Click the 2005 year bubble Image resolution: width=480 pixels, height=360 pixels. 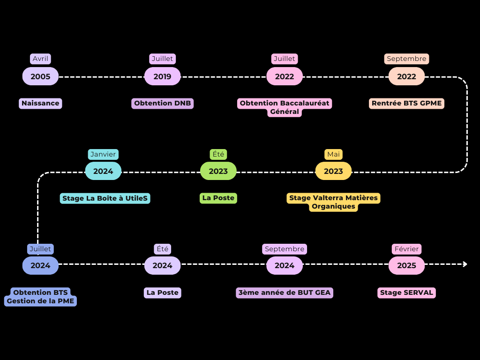tap(40, 76)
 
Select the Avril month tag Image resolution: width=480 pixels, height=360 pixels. tap(40, 59)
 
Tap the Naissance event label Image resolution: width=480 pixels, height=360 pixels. tap(40, 103)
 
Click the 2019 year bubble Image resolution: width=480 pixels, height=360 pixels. tap(162, 76)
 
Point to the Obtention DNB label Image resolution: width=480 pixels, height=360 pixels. tap(162, 103)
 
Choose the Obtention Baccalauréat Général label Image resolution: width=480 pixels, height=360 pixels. tap(285, 107)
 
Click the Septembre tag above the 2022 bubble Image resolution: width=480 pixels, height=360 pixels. tap(406, 59)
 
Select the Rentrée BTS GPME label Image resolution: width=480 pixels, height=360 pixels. tap(406, 103)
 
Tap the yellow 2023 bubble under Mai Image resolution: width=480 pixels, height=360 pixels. tap(333, 171)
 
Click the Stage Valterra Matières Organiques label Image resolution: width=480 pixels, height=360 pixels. tap(333, 202)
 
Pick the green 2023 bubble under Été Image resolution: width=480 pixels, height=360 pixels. tap(218, 171)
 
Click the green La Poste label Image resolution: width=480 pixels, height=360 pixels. tap(218, 198)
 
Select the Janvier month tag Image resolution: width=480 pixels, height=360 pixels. tap(103, 154)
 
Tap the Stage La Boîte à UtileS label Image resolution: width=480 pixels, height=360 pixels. tap(105, 198)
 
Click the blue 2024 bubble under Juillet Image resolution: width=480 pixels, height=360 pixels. tap(40, 265)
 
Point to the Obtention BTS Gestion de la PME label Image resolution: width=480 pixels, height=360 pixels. tap(40, 297)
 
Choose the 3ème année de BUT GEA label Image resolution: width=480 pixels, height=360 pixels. tap(285, 292)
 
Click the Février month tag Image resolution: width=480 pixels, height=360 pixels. tap(406, 249)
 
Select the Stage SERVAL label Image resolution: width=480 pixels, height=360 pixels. tap(406, 292)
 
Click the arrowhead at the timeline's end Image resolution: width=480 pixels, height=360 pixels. tap(465, 264)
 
